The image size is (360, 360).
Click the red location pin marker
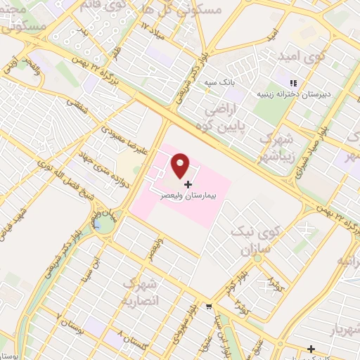(181, 166)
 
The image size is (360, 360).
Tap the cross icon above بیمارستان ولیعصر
(187, 184)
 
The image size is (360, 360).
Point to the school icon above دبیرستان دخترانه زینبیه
(292, 84)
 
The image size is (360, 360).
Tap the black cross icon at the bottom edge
(311, 349)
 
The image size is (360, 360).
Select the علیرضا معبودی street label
(124, 137)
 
